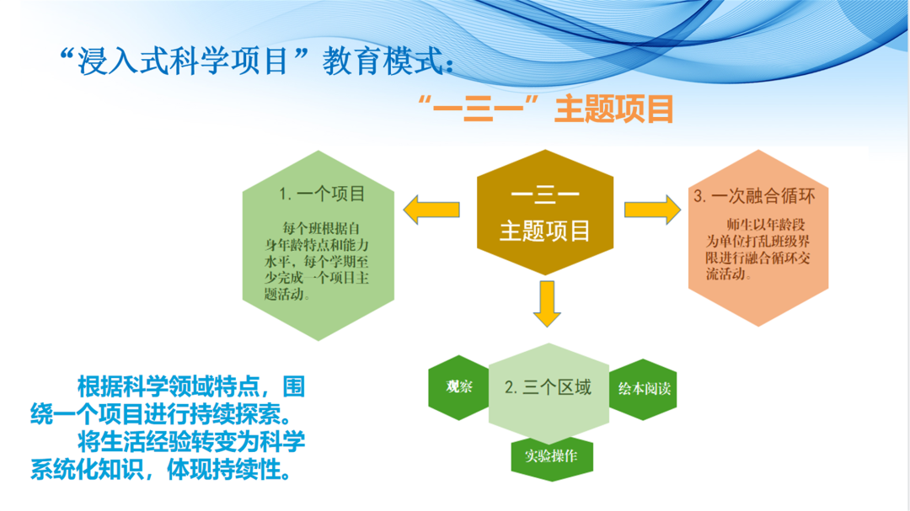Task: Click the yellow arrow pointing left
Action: click(x=431, y=210)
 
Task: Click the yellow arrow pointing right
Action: click(x=651, y=210)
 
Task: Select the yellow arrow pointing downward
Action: click(x=547, y=304)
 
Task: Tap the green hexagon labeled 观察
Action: click(x=459, y=388)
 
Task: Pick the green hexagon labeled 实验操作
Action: click(x=551, y=456)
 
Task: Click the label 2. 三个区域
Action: click(x=548, y=387)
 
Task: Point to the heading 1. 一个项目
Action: click(x=322, y=194)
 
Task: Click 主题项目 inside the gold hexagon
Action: click(x=545, y=232)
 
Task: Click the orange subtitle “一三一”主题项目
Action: click(x=545, y=109)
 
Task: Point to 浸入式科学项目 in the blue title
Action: click(x=184, y=61)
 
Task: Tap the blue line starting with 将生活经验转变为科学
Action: click(x=190, y=441)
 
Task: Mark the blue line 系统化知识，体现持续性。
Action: click(x=165, y=469)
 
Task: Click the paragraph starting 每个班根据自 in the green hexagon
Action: click(x=314, y=261)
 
